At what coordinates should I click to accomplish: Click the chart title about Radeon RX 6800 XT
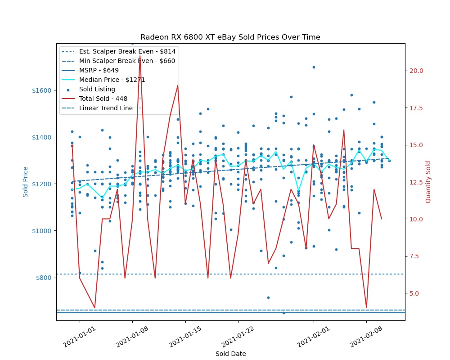point(230,37)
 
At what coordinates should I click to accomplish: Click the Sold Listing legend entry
point(97,89)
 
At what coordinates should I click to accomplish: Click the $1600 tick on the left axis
point(41,90)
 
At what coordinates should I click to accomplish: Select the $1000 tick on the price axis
point(41,231)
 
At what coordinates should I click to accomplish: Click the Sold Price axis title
point(26,182)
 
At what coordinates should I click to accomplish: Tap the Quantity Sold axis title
point(428,182)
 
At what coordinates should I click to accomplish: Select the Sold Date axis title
point(230,354)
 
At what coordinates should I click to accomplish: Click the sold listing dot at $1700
point(314,67)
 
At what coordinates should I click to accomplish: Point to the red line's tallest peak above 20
point(140,56)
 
